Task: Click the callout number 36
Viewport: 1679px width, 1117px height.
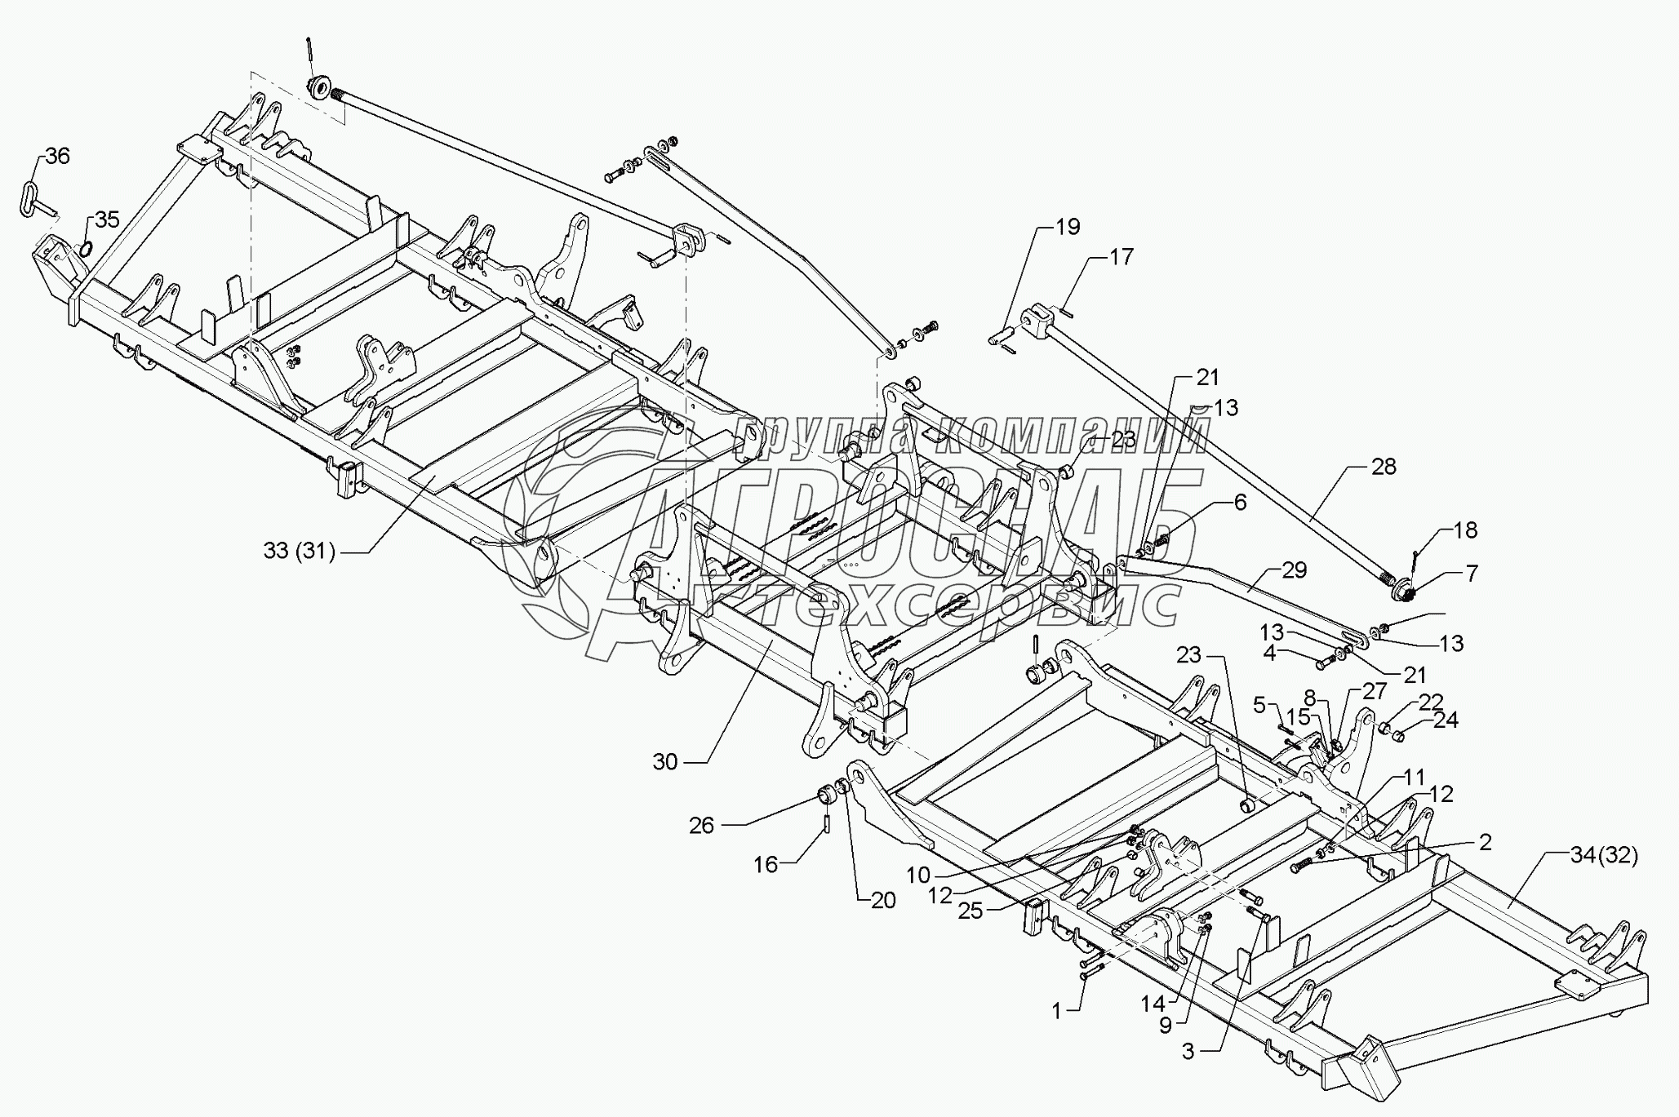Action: click(x=57, y=156)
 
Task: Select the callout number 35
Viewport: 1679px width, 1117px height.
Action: click(x=107, y=219)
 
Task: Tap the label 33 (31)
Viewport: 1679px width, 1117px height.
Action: click(x=300, y=552)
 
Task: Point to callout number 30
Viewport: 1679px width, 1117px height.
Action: click(x=665, y=762)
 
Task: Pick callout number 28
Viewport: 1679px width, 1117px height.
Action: click(x=1384, y=467)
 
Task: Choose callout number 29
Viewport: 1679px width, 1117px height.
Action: click(x=1294, y=570)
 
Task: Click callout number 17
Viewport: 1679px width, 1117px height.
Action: click(x=1122, y=257)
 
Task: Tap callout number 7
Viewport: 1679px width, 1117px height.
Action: click(x=1471, y=574)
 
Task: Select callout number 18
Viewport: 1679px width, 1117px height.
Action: click(x=1466, y=530)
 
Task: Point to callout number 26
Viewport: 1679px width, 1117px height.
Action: click(x=701, y=826)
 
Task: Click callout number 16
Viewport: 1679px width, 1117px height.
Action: click(x=766, y=864)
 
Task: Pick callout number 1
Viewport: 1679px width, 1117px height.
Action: click(x=1056, y=1012)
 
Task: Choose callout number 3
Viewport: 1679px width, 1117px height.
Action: click(x=1187, y=1053)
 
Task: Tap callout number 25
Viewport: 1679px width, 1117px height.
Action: click(x=971, y=911)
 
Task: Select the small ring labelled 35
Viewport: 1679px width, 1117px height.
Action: click(x=84, y=248)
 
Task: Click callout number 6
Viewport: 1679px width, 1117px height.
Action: click(x=1240, y=503)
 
